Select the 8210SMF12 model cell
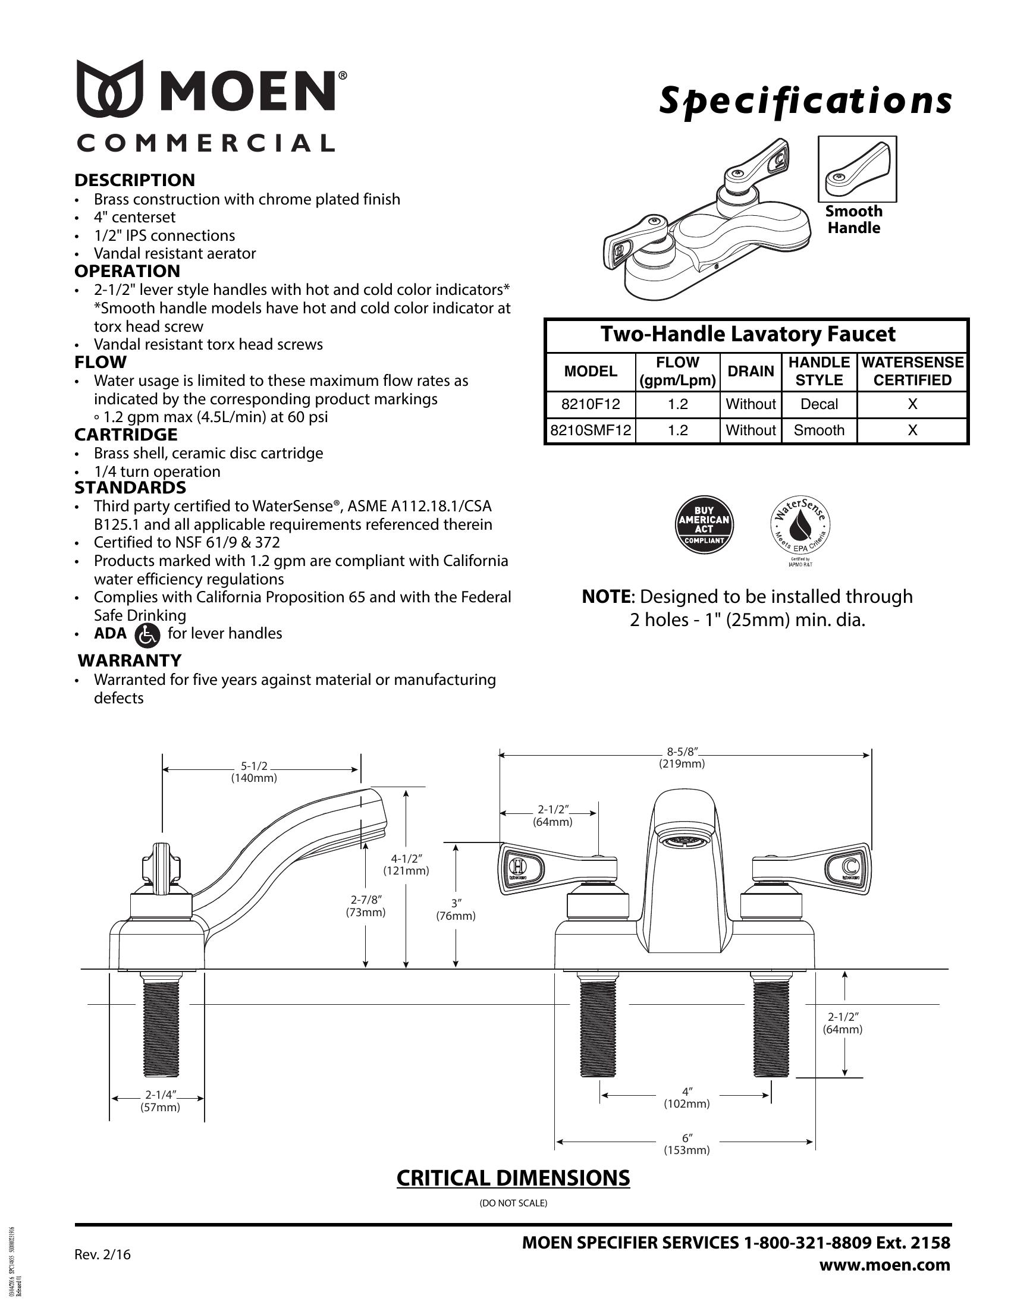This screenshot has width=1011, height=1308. [x=590, y=430]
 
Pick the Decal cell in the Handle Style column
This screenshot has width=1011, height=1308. [x=819, y=404]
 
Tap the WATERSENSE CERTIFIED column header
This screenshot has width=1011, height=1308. [x=912, y=372]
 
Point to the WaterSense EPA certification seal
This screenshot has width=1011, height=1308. [x=799, y=526]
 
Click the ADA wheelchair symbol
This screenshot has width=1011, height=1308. [x=147, y=635]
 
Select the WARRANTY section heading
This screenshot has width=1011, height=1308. [x=130, y=661]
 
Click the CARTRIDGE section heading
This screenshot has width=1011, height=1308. [x=125, y=435]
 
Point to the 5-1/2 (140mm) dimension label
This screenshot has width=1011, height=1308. [x=254, y=772]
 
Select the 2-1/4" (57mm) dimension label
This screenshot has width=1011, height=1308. [x=160, y=1101]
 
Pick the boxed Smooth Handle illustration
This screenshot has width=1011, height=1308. [x=857, y=169]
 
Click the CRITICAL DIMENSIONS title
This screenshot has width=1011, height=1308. [x=513, y=1178]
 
